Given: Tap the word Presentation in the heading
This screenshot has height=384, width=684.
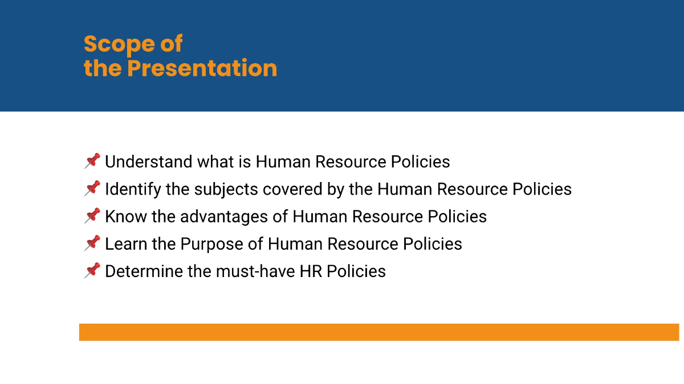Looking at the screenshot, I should pos(202,68).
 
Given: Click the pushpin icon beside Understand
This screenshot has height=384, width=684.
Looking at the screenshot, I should pos(92,161).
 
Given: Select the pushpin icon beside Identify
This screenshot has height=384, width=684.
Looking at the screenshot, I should pos(92,188).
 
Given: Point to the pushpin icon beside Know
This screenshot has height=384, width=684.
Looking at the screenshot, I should pos(92,216).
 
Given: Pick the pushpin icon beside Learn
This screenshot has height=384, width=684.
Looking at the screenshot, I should pos(92,243).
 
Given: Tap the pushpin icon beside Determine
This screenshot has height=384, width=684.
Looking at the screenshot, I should pos(92,270).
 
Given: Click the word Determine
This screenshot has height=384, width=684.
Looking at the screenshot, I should pos(143,271).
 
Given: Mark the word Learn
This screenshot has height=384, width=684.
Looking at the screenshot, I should pos(124,244).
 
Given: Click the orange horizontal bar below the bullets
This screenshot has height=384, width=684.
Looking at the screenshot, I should pos(378,332).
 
